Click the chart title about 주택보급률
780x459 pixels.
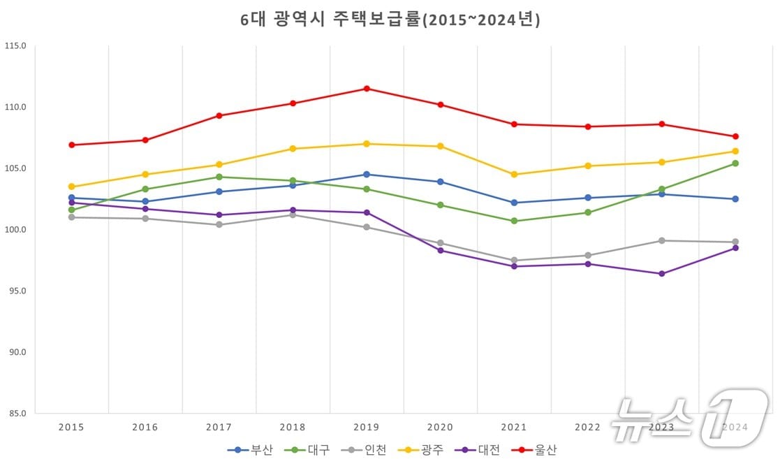click(390, 20)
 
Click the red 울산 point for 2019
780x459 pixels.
click(367, 89)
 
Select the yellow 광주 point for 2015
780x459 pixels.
click(71, 187)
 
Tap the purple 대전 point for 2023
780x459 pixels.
click(661, 274)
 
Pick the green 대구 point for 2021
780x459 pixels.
click(514, 221)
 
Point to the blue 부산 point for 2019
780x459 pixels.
click(367, 174)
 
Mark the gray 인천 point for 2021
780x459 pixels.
click(514, 261)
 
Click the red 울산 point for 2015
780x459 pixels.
click(71, 145)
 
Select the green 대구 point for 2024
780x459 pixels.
click(735, 163)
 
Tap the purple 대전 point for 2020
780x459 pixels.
click(440, 250)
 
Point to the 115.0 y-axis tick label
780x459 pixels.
click(15, 46)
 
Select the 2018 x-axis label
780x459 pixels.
click(293, 427)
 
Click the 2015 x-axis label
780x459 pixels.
click(71, 427)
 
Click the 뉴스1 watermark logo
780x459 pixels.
click(688, 418)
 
